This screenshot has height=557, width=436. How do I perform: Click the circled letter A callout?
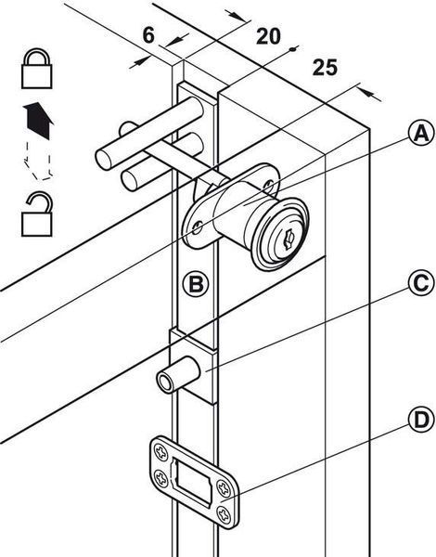coord(421,133)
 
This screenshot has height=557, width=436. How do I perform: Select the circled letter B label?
coord(197,284)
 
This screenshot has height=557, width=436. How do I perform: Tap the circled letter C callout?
coord(421,283)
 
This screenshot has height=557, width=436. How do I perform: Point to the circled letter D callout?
coord(421,421)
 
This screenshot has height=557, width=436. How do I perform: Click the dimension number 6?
coord(148,35)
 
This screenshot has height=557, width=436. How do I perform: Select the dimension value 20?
coord(268,36)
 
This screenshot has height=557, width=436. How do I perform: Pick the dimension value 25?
coord(325,68)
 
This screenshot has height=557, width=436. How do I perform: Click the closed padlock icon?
coord(37,69)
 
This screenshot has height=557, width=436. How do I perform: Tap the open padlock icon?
coord(37,214)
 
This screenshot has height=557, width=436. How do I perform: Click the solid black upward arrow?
coord(38,121)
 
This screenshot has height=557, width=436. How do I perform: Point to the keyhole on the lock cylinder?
coord(289,240)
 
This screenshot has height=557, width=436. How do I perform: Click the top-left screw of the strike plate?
coord(161,453)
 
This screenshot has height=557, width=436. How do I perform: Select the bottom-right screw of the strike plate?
coord(224,514)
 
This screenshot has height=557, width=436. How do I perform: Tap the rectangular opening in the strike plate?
coord(192,482)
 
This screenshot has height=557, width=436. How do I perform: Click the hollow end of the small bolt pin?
coord(165,382)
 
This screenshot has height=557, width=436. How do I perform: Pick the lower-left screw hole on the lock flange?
coord(198,227)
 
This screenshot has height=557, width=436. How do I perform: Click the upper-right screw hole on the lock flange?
coord(269,185)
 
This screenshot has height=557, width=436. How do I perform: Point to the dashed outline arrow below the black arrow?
coord(38,161)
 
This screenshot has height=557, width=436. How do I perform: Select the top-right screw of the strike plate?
coord(224,488)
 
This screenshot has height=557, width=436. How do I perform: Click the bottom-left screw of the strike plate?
coord(161,478)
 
